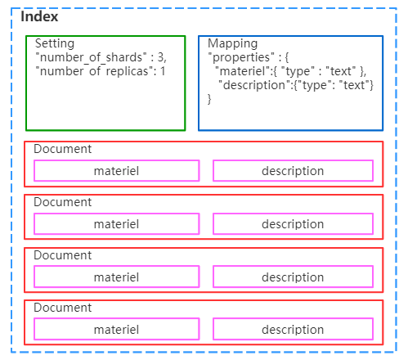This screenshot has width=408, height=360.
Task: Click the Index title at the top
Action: [x=39, y=16]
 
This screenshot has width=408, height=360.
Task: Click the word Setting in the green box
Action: [x=55, y=43]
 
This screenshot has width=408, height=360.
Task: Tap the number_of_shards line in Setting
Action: [x=101, y=57]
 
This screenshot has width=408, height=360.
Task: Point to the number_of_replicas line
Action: [x=101, y=71]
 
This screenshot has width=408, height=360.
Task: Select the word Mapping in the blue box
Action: [x=232, y=43]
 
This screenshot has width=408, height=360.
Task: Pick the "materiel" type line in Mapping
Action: [x=291, y=71]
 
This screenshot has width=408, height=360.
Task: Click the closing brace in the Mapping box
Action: [x=210, y=99]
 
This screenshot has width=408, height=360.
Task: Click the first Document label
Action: [x=63, y=149]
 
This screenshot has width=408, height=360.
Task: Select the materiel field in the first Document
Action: [x=116, y=171]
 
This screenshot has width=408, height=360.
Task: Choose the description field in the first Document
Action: [x=293, y=171]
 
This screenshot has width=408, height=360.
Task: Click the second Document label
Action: [x=63, y=202]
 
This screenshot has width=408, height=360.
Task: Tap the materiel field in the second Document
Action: [x=116, y=224]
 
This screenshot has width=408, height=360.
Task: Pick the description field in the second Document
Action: [x=293, y=224]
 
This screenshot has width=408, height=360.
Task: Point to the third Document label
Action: [x=63, y=255]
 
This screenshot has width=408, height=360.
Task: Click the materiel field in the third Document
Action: [x=116, y=277]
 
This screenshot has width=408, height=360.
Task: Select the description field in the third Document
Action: [x=293, y=277]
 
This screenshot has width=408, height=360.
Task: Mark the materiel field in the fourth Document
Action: [x=116, y=330]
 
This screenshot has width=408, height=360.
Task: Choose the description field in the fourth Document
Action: [x=293, y=330]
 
